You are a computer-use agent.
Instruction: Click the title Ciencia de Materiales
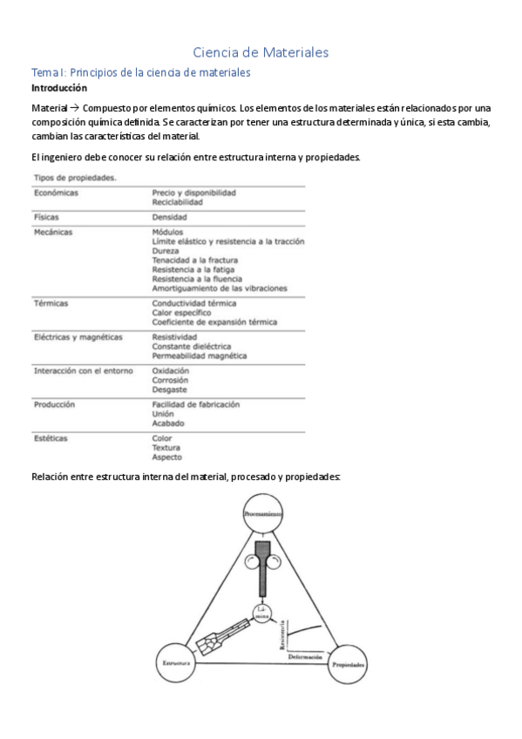click(261, 52)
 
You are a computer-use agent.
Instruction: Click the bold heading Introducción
click(59, 89)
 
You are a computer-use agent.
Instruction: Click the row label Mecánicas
click(53, 233)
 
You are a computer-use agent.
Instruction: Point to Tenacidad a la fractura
click(194, 260)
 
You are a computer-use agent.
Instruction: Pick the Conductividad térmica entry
click(193, 303)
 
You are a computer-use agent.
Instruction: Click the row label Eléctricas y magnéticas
click(78, 336)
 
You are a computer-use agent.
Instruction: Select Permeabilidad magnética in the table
click(199, 356)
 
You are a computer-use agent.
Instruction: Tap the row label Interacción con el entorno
click(83, 370)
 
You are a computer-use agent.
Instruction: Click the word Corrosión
click(171, 380)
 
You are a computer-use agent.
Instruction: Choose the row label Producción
click(54, 404)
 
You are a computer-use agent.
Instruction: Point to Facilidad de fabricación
click(196, 404)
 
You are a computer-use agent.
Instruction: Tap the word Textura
click(166, 448)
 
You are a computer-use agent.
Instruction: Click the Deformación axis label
click(304, 655)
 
